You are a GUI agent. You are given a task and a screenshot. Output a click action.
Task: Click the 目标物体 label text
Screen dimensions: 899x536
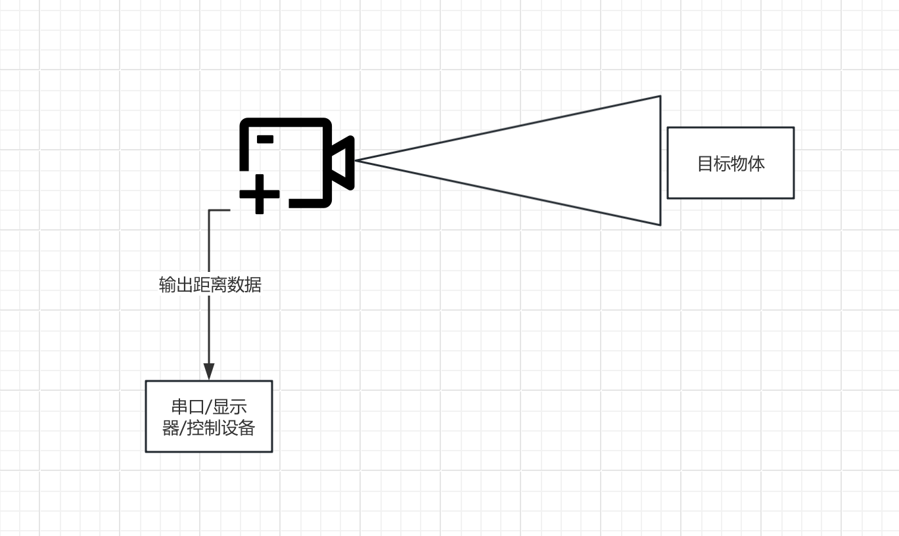click(731, 164)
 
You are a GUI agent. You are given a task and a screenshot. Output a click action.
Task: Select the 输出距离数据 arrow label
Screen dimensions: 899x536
click(210, 285)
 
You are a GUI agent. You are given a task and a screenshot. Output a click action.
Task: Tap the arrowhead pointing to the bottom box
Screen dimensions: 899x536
click(209, 371)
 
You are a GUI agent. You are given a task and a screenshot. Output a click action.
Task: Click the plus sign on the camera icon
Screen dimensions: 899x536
click(260, 194)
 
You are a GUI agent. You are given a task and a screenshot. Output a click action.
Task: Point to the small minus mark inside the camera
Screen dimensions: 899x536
click(265, 139)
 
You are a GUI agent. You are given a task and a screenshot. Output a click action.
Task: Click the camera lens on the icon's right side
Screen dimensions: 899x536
click(343, 162)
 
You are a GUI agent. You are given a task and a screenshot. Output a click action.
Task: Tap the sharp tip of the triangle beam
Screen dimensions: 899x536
click(356, 160)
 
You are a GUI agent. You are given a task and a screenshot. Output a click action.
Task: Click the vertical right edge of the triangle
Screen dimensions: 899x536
click(660, 160)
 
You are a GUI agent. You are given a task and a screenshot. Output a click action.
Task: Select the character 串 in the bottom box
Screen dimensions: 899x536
click(179, 407)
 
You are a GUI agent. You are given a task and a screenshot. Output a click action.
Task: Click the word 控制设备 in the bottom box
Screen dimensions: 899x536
click(221, 428)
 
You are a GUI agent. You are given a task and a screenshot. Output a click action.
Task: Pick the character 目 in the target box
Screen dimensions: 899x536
click(706, 164)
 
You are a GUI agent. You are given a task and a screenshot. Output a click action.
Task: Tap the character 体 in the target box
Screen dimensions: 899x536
click(756, 164)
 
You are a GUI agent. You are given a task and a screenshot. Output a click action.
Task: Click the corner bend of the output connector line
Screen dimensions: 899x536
click(209, 210)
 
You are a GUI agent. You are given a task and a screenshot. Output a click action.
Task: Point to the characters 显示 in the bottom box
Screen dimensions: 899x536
click(229, 407)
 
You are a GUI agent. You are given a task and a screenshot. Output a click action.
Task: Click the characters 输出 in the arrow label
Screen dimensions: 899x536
click(175, 285)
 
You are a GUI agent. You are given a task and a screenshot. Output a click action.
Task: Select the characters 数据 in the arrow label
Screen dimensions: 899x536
click(244, 285)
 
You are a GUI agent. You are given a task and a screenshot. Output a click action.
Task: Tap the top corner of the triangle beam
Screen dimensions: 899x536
click(660, 97)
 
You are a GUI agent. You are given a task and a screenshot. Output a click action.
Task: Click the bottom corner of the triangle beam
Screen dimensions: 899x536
click(660, 225)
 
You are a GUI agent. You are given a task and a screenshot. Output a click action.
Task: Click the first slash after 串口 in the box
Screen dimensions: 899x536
click(208, 407)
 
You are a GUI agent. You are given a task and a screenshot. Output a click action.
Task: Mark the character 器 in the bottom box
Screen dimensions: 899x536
click(171, 428)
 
